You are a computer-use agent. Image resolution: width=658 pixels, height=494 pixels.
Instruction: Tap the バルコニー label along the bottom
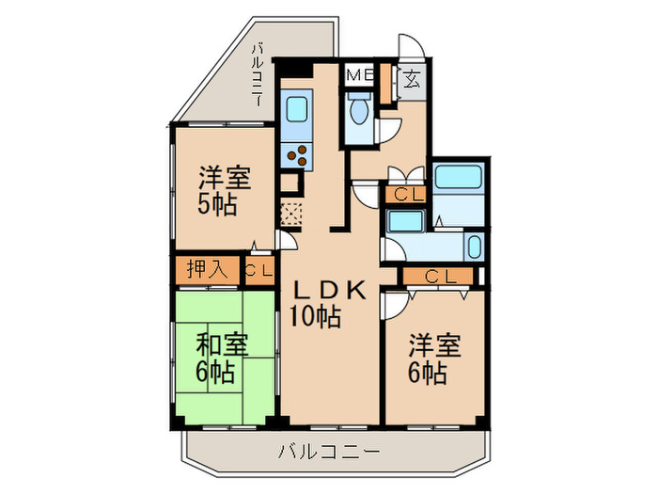coord(329,452)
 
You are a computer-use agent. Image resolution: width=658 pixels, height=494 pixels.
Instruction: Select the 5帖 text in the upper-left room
coord(217,204)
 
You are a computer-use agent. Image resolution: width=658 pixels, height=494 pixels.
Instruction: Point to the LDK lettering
coord(325,292)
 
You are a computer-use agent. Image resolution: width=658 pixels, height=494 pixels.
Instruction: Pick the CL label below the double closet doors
coord(406,195)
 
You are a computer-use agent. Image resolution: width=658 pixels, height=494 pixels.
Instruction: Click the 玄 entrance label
coord(411,79)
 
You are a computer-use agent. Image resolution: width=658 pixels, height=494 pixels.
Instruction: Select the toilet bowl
coord(359,114)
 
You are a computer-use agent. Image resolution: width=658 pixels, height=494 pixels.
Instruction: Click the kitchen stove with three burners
coord(299,155)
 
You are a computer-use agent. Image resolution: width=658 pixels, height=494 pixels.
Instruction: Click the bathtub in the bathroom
coord(459,178)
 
